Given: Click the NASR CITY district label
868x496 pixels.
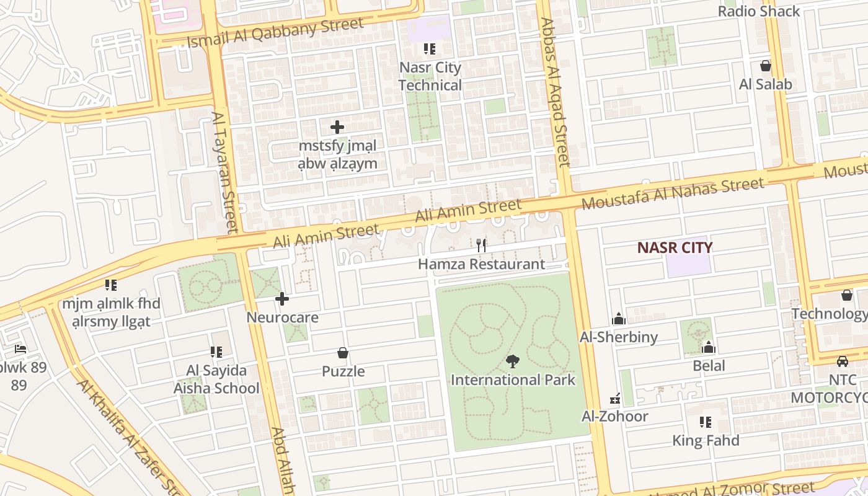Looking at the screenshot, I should [675, 248].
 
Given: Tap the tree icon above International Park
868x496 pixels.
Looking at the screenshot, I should [513, 361].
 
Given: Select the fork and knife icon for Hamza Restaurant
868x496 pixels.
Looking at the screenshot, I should [481, 246].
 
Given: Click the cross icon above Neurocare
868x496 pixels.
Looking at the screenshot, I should [282, 299].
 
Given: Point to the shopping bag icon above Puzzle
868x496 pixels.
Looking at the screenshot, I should [343, 353].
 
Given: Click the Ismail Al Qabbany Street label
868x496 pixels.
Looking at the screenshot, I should [276, 33].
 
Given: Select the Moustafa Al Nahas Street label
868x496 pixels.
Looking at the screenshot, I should [673, 193].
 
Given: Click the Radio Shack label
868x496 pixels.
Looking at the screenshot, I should [759, 11].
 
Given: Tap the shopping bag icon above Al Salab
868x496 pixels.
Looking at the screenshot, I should [766, 66].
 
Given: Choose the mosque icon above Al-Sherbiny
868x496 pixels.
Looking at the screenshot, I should [618, 319].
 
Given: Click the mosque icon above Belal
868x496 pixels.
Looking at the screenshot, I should [709, 347].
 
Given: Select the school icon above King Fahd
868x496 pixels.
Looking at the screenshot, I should [706, 422].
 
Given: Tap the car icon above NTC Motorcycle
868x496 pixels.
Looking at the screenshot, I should [842, 361].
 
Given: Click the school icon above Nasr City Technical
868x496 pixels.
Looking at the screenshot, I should [430, 48].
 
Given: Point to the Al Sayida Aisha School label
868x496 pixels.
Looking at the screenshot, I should [216, 379].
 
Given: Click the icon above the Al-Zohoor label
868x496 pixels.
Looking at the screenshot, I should [615, 398].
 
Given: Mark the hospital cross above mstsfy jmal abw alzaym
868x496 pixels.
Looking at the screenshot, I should [337, 127].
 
